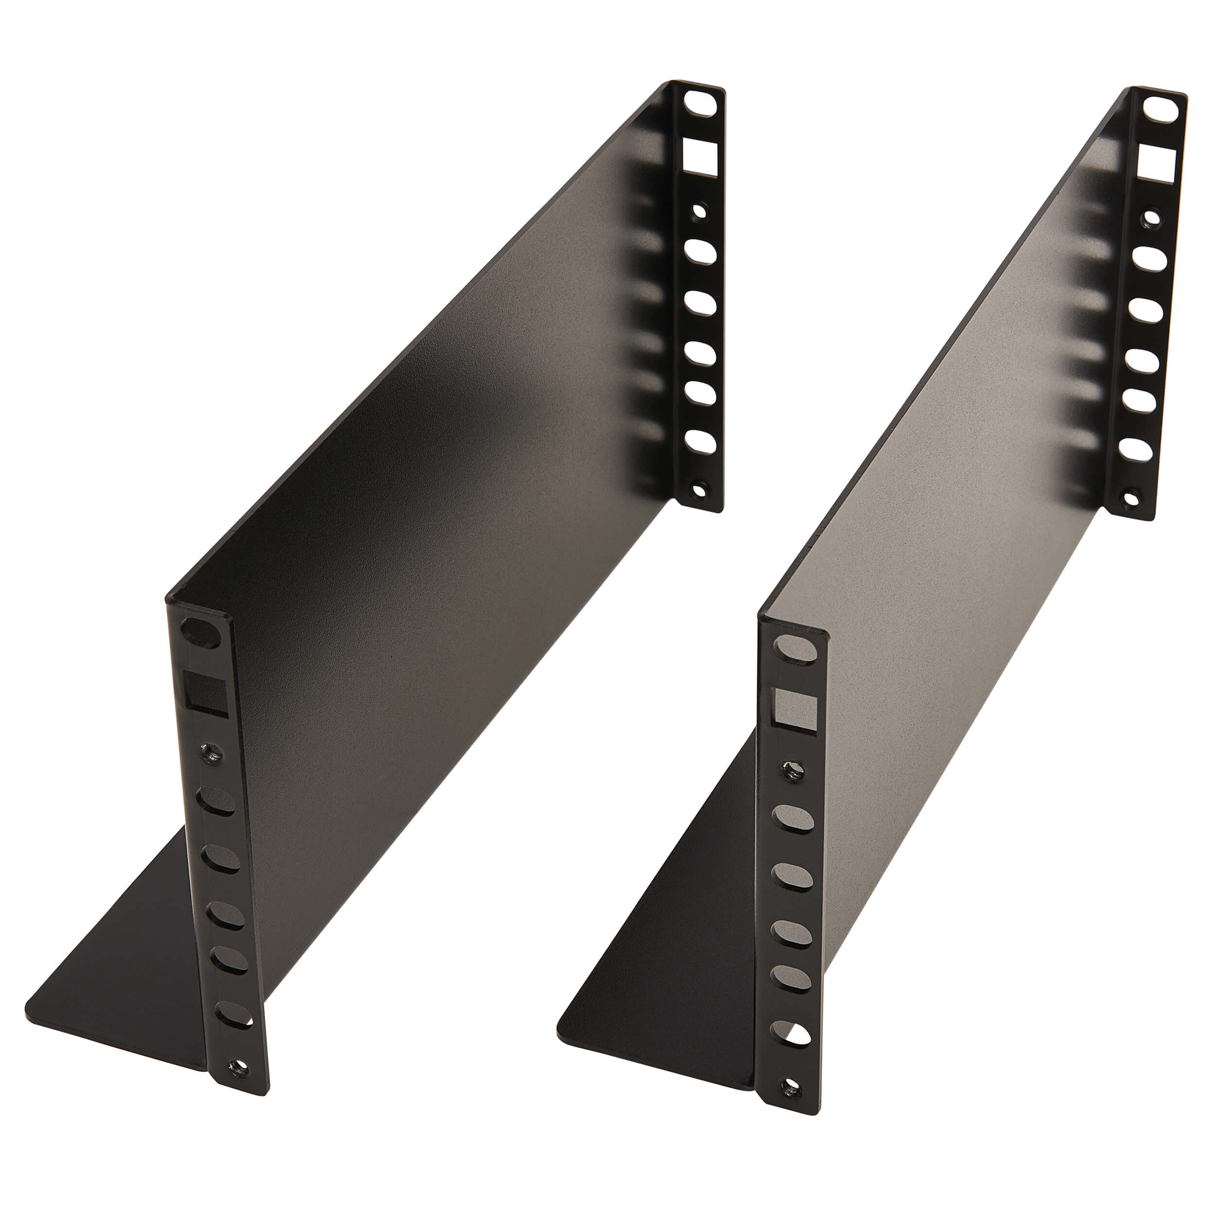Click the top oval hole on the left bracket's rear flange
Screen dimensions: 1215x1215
tap(701, 105)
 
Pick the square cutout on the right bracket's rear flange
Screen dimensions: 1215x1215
tap(1157, 163)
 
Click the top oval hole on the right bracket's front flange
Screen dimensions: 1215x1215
tap(795, 648)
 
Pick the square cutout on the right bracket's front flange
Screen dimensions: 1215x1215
tap(796, 710)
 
